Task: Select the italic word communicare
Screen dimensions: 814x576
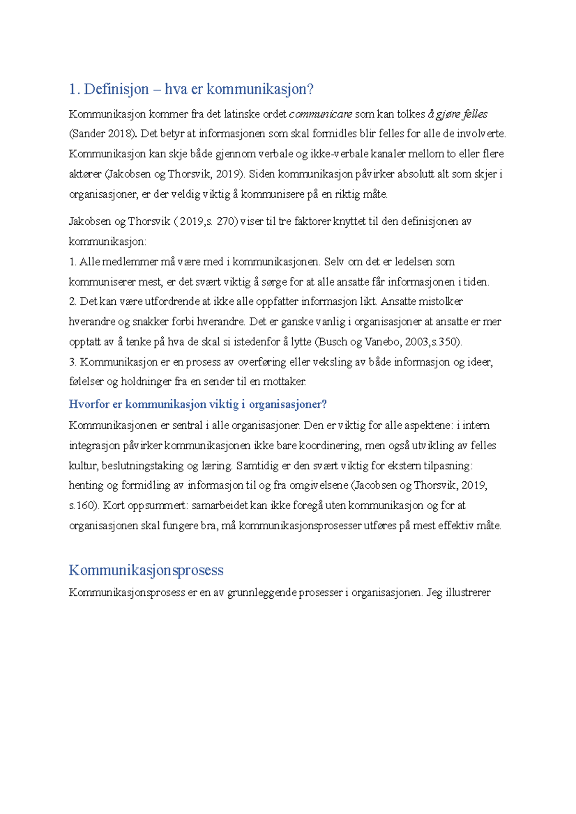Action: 321,114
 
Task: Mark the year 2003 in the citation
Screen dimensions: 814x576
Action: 417,342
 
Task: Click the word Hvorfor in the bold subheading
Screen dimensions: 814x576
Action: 89,404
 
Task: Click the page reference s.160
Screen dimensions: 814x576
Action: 84,505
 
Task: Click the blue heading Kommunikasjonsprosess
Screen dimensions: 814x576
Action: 146,570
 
